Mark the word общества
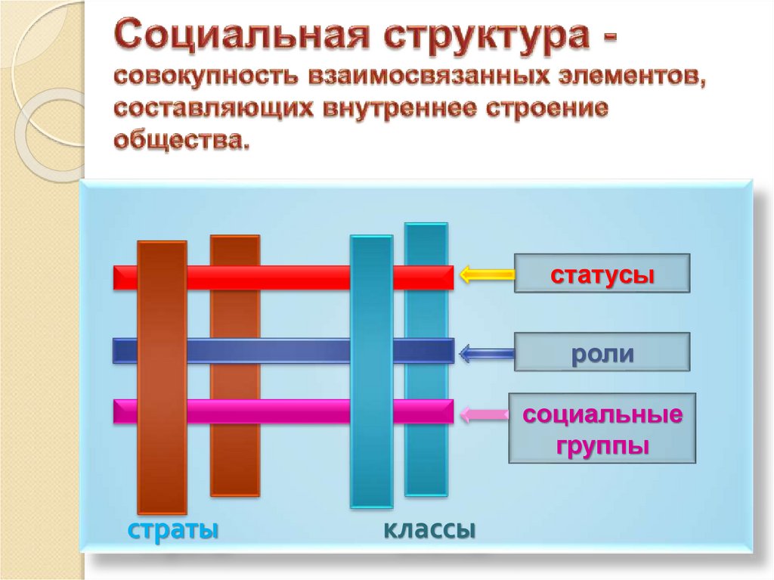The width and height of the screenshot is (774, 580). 182,141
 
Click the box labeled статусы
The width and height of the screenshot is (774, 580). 602,273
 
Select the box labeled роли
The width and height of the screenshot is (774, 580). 602,352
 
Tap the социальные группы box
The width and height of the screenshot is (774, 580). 602,428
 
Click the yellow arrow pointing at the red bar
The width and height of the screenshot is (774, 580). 486,275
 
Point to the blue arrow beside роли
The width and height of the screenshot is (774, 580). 486,352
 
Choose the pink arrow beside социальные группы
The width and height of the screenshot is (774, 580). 486,414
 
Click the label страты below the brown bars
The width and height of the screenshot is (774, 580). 173,529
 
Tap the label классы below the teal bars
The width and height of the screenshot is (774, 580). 429,529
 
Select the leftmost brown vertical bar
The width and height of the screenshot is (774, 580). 161,378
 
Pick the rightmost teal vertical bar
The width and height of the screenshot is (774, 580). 426,359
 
